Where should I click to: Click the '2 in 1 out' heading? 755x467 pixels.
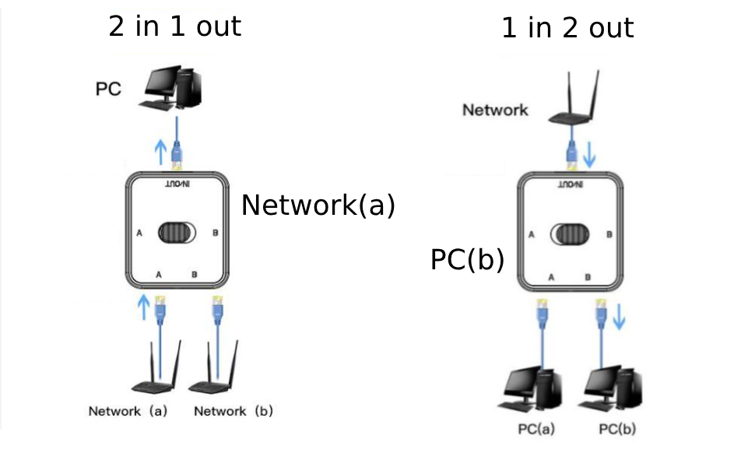174,26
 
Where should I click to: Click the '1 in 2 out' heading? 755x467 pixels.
567,28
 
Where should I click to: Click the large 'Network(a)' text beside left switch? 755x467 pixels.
318,205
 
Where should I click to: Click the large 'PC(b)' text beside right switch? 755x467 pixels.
467,260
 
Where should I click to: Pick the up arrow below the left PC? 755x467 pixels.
161,149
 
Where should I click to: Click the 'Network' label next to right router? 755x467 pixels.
495,110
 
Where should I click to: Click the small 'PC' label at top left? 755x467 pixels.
108,89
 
